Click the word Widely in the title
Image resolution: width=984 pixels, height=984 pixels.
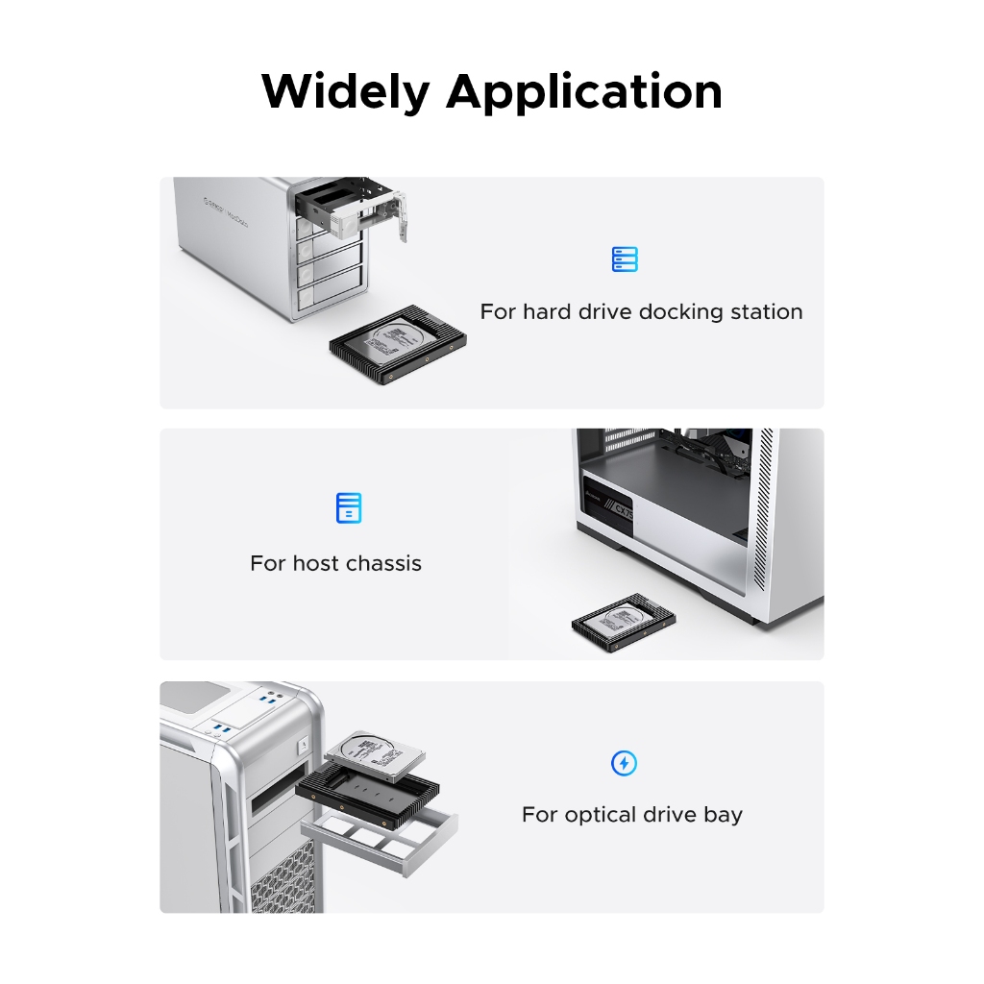tap(345, 92)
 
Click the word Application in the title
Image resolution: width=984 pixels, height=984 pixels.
tap(584, 93)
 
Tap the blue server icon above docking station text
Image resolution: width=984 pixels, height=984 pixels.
tap(625, 259)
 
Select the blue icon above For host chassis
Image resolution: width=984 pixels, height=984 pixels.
tap(349, 507)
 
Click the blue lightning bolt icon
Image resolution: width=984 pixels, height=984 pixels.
tap(624, 763)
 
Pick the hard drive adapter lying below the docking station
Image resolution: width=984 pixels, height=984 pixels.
tap(398, 345)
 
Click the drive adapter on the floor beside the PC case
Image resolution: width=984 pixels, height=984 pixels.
tap(624, 622)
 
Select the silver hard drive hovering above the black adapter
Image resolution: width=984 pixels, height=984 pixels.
tap(376, 756)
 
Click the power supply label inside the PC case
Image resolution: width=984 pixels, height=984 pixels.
tap(608, 504)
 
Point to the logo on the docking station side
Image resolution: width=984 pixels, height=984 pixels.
tap(226, 210)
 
